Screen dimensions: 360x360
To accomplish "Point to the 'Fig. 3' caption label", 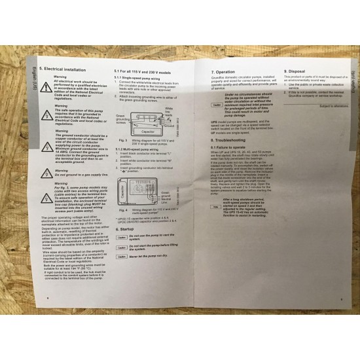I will click(120, 139).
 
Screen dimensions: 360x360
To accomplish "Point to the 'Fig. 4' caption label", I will click(120, 226).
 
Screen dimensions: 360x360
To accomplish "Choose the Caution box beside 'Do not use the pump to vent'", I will click(122, 256).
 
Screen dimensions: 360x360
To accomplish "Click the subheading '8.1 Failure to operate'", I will click(229, 147).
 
